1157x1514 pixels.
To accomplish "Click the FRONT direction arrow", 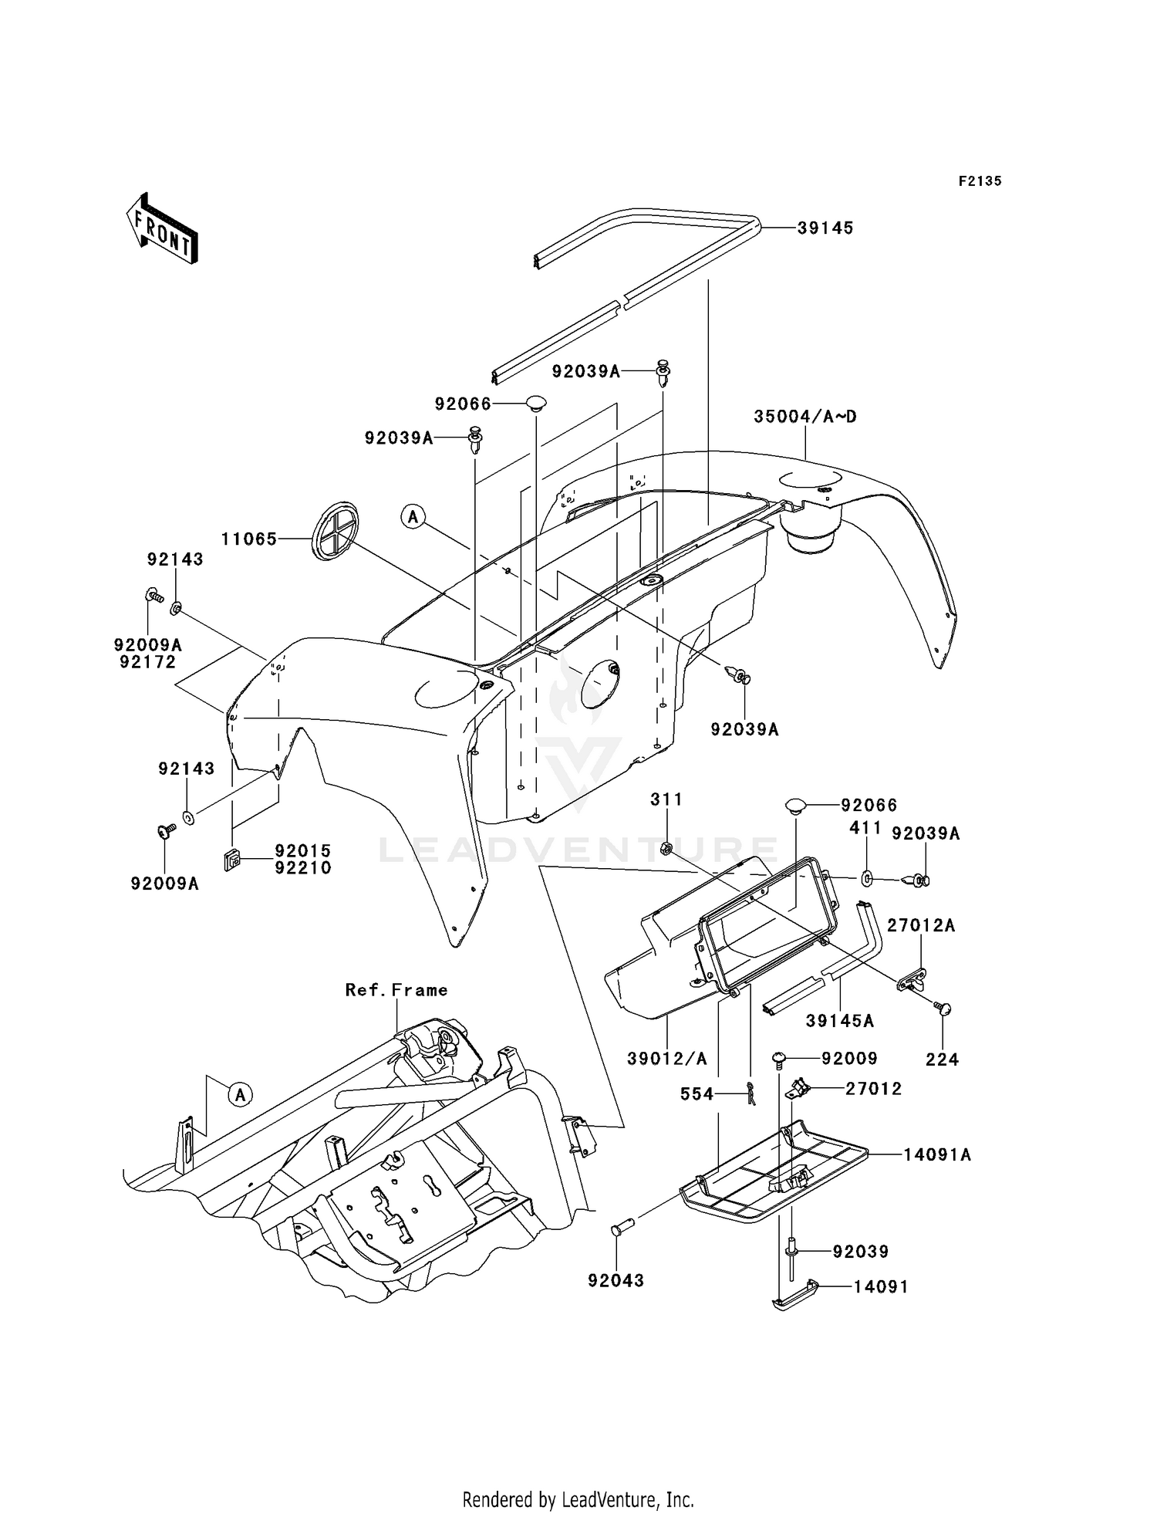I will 163,230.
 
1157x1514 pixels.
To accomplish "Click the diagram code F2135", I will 980,181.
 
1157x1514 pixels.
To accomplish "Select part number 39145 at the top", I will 825,228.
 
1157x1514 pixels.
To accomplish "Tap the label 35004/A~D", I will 805,417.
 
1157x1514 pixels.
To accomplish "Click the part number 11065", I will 249,539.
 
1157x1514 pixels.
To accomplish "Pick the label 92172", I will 148,662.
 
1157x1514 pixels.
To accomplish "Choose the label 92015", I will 303,850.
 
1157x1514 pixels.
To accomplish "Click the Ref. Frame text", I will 396,990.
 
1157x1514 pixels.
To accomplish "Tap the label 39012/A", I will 666,1059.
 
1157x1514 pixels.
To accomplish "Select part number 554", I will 697,1093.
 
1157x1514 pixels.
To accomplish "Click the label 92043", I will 616,1281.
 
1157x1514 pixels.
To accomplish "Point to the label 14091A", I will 937,1155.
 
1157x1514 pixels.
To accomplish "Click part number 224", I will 942,1060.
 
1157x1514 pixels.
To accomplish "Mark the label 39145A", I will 840,1021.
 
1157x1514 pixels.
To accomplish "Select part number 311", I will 666,799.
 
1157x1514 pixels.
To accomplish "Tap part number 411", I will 865,827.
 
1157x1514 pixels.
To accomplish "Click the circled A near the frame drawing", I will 241,1093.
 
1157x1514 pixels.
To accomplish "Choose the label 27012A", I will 921,925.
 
